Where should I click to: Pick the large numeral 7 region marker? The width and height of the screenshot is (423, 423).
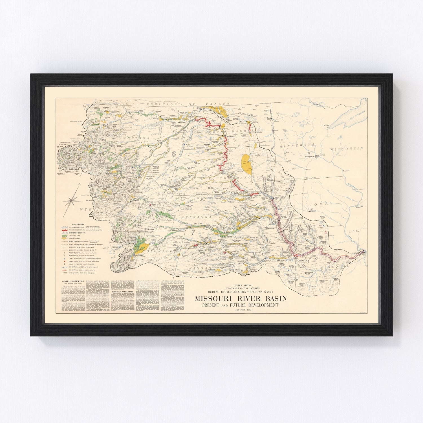193,233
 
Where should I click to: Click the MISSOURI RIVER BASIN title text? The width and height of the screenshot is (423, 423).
241,298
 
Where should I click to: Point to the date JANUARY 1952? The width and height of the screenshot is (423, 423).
241,310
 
